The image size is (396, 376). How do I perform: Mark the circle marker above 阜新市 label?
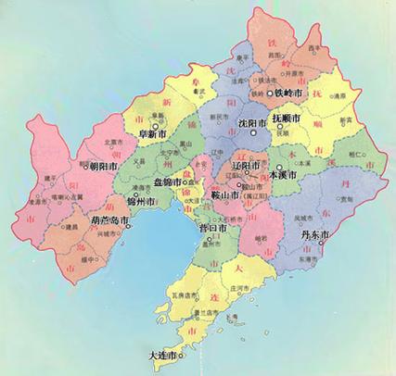(157, 122)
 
